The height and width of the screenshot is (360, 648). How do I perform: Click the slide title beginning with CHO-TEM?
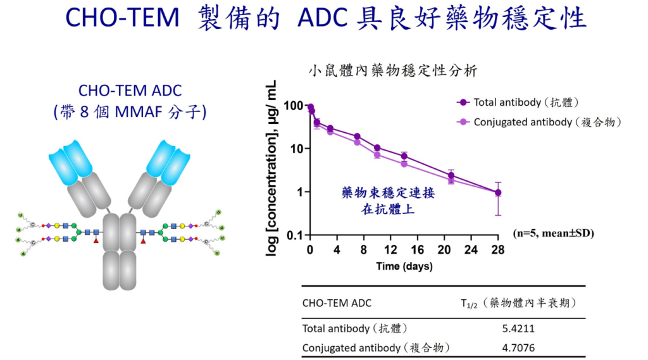(x=326, y=19)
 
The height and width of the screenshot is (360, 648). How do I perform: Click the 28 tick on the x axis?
(x=498, y=250)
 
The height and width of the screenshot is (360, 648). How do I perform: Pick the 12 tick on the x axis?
(x=390, y=250)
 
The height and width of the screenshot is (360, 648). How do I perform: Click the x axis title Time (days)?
(x=404, y=266)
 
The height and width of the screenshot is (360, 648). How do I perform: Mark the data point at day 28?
(x=498, y=192)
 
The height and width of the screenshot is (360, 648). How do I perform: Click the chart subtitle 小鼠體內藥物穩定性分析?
(x=392, y=71)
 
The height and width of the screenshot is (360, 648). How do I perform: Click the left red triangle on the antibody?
(x=96, y=241)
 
